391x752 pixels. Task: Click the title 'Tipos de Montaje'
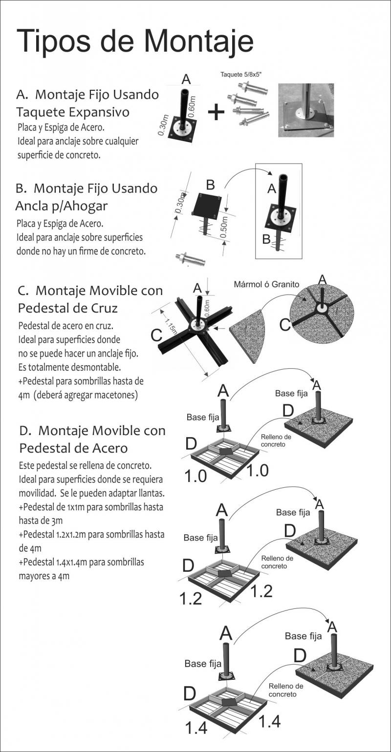pyautogui.click(x=135, y=41)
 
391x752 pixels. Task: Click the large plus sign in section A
pyautogui.click(x=216, y=112)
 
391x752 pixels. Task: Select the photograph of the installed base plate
pyautogui.click(x=305, y=110)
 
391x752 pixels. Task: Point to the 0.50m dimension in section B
pyautogui.click(x=223, y=227)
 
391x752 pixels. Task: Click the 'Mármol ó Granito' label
pyautogui.click(x=266, y=284)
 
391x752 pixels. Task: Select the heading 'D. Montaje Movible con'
pyautogui.click(x=92, y=431)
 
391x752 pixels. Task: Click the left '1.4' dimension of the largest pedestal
pyautogui.click(x=196, y=728)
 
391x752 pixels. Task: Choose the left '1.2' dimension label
pyautogui.click(x=191, y=598)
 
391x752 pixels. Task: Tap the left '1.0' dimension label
pyautogui.click(x=195, y=476)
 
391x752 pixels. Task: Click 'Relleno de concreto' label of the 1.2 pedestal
pyautogui.click(x=277, y=562)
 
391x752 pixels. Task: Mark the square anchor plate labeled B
pyautogui.click(x=206, y=205)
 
